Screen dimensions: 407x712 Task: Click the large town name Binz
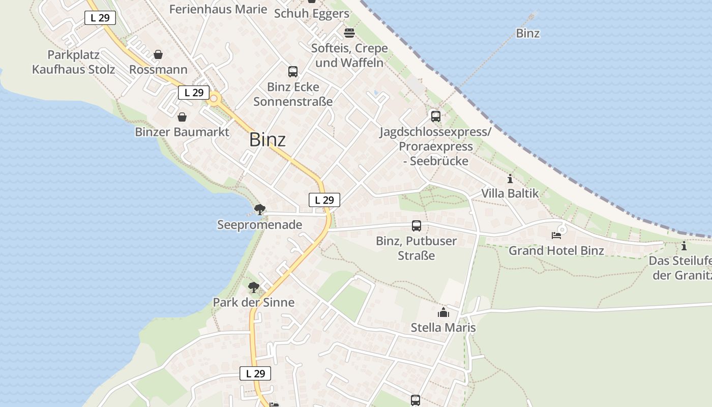click(267, 140)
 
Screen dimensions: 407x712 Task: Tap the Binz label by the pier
click(527, 34)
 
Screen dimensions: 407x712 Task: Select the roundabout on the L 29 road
click(214, 99)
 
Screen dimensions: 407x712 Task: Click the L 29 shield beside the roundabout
click(194, 93)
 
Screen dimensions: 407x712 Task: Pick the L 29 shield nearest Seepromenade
click(324, 200)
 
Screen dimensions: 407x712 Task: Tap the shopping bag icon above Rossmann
click(158, 54)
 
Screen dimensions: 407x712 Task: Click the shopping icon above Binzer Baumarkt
click(182, 117)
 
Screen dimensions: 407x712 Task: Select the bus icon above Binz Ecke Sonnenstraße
click(293, 72)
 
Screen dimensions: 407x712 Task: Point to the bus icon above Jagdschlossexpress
click(435, 116)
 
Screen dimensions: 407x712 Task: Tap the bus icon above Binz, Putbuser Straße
click(416, 225)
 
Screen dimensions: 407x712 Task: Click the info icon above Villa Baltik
click(510, 179)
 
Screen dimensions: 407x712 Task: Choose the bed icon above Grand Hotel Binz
click(556, 236)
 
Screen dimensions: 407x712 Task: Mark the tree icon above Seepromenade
click(259, 209)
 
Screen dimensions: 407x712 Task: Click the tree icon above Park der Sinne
click(253, 287)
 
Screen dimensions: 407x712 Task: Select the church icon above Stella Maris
click(443, 312)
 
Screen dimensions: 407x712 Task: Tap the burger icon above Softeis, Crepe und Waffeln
click(349, 33)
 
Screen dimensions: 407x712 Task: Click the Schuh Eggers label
click(311, 14)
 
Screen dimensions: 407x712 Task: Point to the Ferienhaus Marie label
click(218, 9)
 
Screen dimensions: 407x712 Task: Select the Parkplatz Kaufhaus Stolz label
click(73, 62)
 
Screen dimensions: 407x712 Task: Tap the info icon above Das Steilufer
click(684, 246)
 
